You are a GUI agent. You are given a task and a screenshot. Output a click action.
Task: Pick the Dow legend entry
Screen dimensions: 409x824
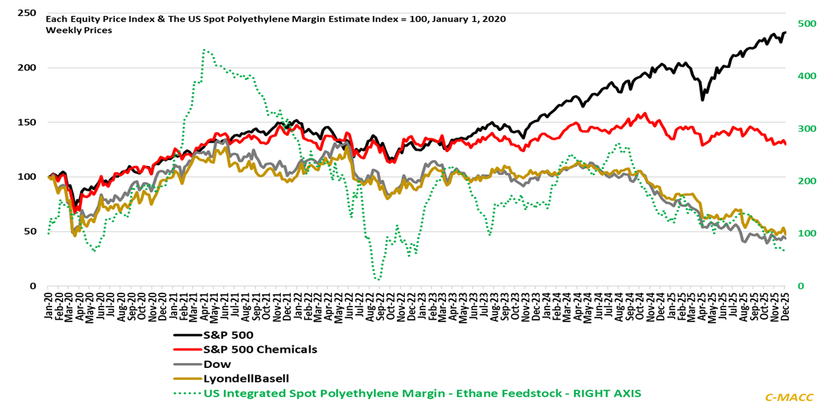tap(217, 364)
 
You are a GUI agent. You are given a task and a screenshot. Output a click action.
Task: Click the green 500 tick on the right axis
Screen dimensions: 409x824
tap(806, 24)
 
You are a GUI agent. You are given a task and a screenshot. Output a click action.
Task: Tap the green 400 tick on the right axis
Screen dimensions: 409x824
tap(806, 76)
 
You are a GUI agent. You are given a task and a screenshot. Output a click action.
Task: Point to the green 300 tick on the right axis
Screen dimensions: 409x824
tap(806, 129)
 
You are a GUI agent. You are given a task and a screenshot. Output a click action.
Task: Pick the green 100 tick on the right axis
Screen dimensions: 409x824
tap(806, 233)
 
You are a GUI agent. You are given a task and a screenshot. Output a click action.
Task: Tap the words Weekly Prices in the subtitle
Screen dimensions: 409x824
tap(79, 30)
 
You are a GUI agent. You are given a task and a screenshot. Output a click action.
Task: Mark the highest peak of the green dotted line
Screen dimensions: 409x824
tap(203, 50)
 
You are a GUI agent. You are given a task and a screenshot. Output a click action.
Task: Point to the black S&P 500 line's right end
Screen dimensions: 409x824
tap(785, 32)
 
